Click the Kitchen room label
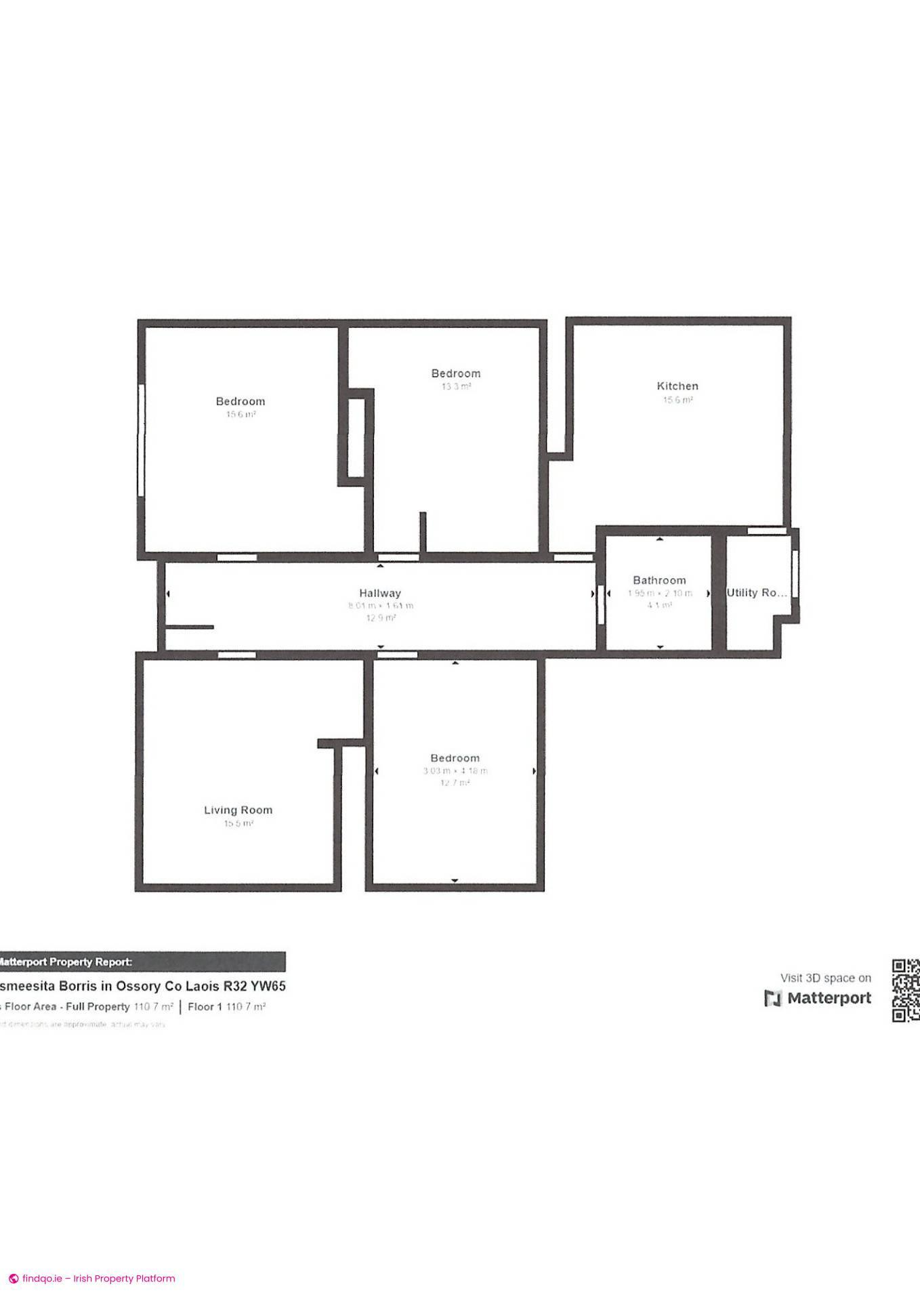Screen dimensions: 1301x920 (677, 386)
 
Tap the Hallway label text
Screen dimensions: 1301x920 (380, 593)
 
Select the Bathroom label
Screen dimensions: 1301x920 (659, 580)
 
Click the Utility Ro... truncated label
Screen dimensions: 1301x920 (757, 592)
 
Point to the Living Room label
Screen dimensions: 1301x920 (238, 810)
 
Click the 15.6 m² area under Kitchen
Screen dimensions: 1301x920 (677, 400)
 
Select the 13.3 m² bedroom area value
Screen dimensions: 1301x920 (456, 387)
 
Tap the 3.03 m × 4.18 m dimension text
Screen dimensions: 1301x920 (455, 771)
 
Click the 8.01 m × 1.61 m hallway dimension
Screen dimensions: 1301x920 (380, 606)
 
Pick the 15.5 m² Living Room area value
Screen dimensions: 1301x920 (238, 824)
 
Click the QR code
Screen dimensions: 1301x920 (905, 990)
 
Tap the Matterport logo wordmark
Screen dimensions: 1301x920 (818, 998)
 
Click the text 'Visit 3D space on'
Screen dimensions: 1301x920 (825, 978)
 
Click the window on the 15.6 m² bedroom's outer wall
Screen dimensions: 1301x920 (142, 440)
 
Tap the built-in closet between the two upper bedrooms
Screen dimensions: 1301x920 (356, 438)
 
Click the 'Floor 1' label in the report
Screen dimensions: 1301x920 (205, 1007)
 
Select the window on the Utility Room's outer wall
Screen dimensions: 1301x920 (795, 573)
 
